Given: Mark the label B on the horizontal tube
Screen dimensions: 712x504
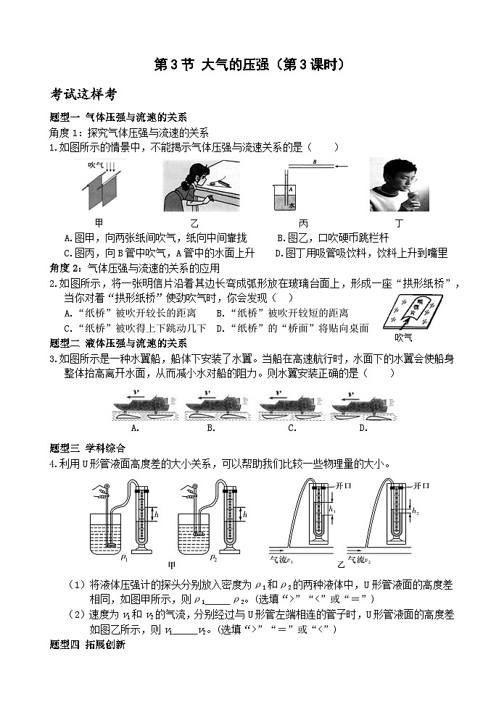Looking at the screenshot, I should pyautogui.click(x=314, y=162).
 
